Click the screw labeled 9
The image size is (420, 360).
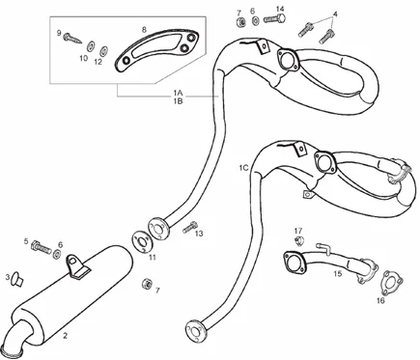[x=72, y=39]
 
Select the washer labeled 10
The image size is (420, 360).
[x=90, y=45]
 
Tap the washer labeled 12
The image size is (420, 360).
[x=103, y=51]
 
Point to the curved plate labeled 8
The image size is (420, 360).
[x=156, y=49]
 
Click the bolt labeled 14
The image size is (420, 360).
[x=274, y=18]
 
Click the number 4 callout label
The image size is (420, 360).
[x=335, y=14]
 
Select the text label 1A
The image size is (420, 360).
[x=178, y=93]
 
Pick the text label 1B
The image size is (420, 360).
[x=178, y=101]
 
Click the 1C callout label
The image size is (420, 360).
[x=243, y=168]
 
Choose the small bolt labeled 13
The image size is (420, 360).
[x=190, y=227]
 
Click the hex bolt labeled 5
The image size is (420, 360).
[x=42, y=247]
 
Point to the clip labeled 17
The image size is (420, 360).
[x=300, y=240]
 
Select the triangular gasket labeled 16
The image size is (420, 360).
[x=391, y=282]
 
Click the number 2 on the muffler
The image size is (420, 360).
[x=66, y=336]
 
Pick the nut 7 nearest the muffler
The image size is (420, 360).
[x=146, y=283]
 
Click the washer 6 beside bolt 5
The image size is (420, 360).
[x=57, y=254]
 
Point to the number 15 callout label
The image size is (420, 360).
[x=338, y=274]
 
